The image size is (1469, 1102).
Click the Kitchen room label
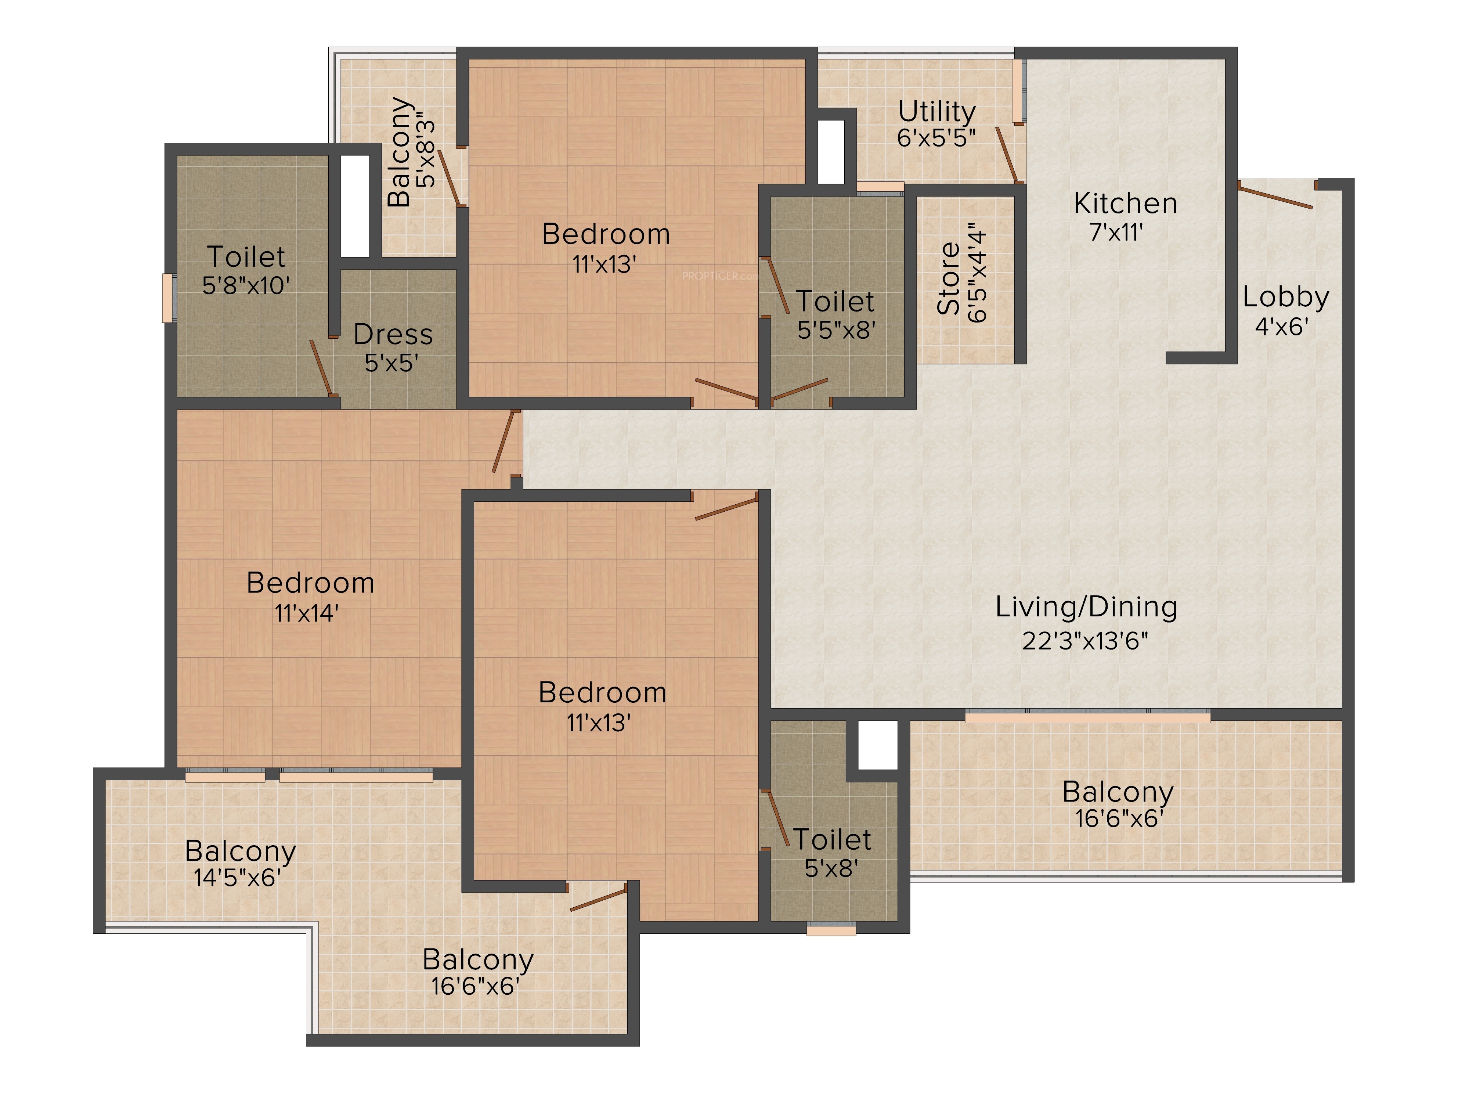click(1125, 203)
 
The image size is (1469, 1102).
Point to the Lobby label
click(1286, 298)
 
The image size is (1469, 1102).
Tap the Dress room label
click(393, 335)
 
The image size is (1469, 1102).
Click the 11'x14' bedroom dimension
click(307, 613)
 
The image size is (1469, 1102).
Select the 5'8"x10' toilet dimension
click(246, 286)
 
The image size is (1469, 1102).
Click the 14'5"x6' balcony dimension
click(237, 878)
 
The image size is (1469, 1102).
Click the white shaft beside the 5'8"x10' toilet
click(355, 206)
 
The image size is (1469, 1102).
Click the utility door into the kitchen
click(1006, 155)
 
